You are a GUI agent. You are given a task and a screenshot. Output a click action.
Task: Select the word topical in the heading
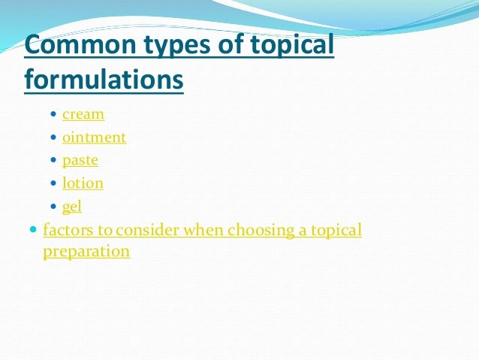click(x=291, y=47)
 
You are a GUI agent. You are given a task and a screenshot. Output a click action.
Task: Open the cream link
click(x=83, y=115)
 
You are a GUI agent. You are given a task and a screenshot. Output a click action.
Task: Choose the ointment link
click(x=94, y=138)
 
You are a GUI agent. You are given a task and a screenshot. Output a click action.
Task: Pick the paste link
click(x=80, y=160)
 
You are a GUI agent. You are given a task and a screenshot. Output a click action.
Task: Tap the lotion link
click(x=83, y=183)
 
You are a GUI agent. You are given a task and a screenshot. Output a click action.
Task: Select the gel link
click(x=72, y=205)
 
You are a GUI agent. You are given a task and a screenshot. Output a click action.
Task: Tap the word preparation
click(x=86, y=252)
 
